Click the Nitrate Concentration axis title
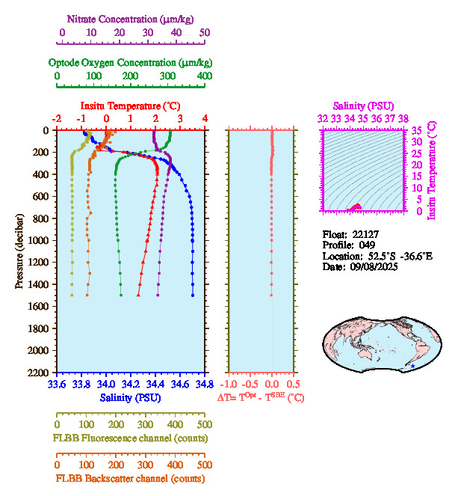(x=131, y=17)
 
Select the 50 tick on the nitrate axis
(x=204, y=33)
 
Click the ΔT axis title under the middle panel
(x=261, y=398)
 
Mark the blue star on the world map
(x=407, y=366)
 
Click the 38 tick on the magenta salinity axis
(x=403, y=118)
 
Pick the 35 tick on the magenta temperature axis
(x=415, y=130)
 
